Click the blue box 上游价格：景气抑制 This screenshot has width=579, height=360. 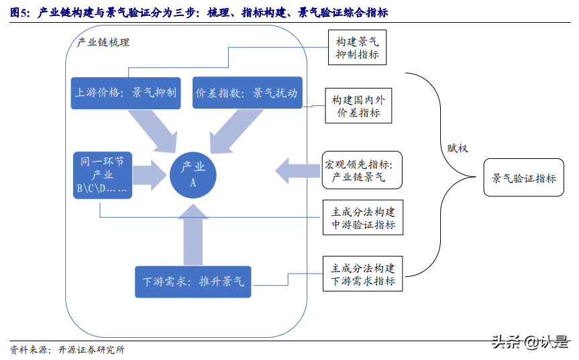coord(126,93)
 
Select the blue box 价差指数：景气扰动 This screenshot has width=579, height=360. coord(247,93)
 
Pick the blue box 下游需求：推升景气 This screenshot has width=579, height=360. coord(193,282)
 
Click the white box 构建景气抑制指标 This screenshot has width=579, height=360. coord(357,48)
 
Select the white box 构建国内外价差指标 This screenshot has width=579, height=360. coord(358,106)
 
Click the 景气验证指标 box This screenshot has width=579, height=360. coord(524,178)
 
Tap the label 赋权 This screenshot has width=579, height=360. coord(458,149)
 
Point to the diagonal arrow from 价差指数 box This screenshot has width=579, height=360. coord(231,129)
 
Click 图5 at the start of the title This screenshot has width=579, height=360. coord(18,13)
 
